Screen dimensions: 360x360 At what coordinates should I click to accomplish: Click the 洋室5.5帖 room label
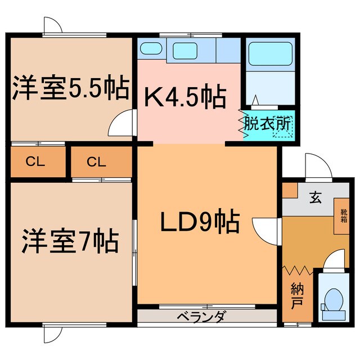70,88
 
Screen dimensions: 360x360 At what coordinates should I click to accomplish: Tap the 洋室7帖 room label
70,241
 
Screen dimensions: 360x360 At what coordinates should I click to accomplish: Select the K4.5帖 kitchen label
186,97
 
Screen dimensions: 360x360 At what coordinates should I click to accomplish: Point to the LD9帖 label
201,222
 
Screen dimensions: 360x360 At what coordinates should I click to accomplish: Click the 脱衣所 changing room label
268,122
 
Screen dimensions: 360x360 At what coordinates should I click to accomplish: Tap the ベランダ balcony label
206,317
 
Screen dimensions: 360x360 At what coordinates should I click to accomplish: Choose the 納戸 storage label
297,297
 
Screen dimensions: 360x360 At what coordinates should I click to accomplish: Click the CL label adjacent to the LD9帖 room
96,162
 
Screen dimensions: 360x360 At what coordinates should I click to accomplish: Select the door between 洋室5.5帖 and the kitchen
123,124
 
